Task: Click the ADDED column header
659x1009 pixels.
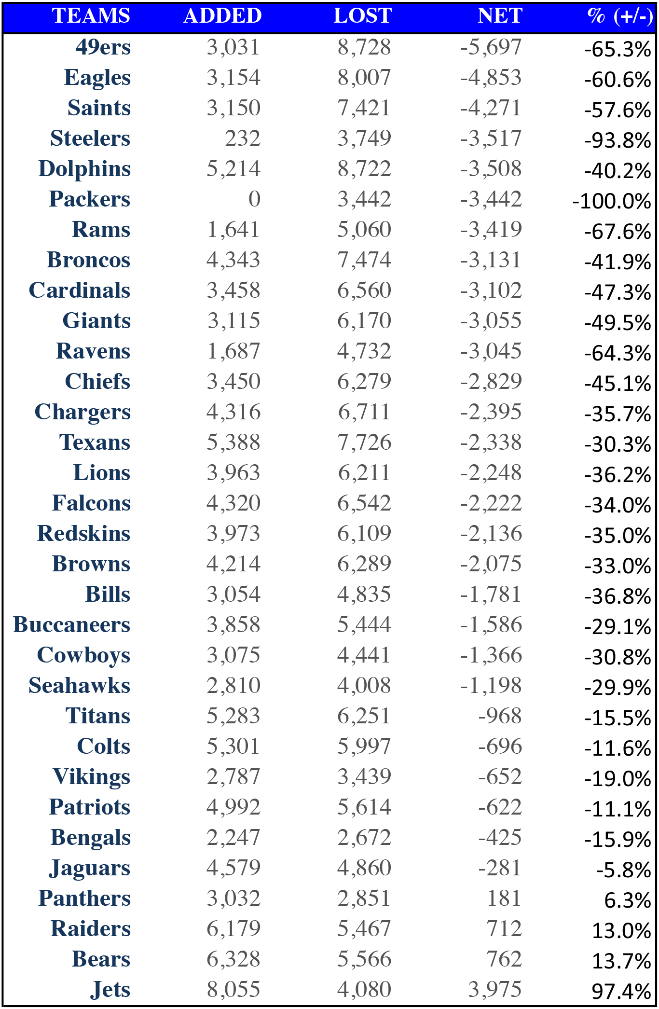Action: [x=222, y=16]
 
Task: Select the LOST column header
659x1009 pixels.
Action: [x=363, y=16]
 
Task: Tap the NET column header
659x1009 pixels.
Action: [x=500, y=16]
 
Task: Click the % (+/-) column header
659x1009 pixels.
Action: [x=620, y=16]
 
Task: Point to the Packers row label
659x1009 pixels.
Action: [x=90, y=199]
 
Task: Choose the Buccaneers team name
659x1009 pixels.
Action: [x=72, y=624]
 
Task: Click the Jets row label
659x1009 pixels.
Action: [x=110, y=989]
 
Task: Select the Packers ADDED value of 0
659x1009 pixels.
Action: [x=254, y=199]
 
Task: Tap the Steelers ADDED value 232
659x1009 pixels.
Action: [x=243, y=138]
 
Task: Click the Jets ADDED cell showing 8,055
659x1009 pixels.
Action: [x=233, y=989]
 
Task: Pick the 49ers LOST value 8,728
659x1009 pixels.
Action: [x=364, y=47]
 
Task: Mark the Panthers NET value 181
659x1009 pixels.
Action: [x=505, y=898]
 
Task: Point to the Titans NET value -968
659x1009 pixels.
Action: [x=500, y=716]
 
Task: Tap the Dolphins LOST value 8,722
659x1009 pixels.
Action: [x=364, y=168]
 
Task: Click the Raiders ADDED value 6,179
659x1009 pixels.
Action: [x=233, y=928]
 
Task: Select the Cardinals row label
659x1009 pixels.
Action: [x=80, y=290]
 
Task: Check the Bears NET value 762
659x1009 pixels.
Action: [x=505, y=959]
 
